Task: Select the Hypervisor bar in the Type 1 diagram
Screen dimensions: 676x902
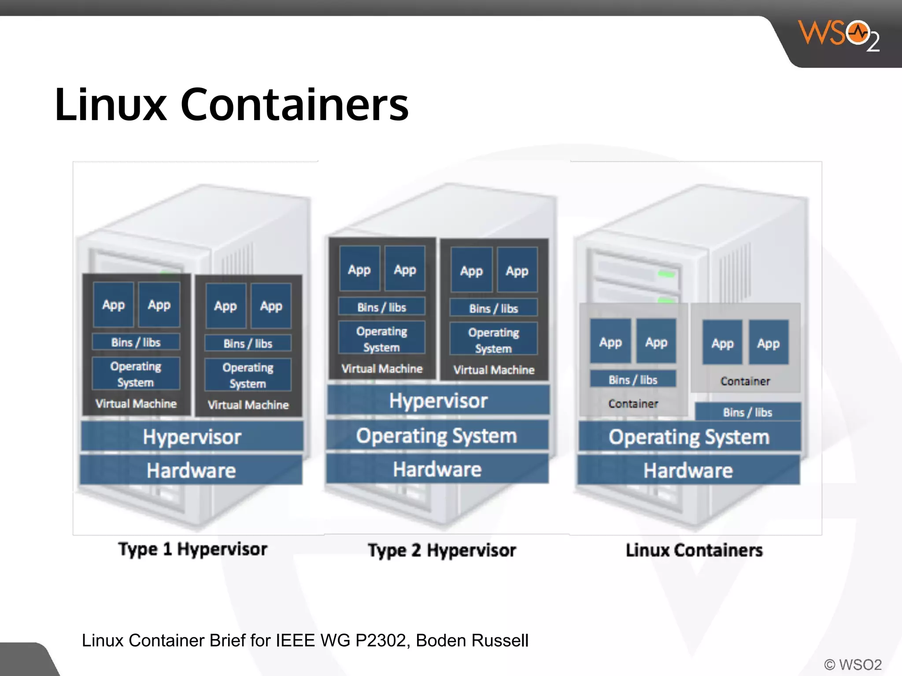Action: [192, 437]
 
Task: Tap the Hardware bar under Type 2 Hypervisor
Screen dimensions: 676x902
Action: [437, 469]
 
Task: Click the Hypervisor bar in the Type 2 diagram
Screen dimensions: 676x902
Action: [438, 400]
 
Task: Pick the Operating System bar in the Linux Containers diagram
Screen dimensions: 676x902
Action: [689, 437]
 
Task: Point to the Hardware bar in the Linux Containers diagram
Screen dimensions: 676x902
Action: [688, 470]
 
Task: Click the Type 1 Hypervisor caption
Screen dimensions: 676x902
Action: [193, 549]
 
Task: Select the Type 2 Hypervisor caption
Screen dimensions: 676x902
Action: [442, 550]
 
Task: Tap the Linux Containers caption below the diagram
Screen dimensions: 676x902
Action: [694, 550]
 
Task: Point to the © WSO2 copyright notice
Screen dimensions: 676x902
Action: [853, 664]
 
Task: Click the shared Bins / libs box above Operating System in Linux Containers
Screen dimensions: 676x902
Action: [747, 412]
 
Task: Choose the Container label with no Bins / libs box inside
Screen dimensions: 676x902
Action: [745, 381]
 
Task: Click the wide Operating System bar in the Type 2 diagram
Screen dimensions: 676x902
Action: [436, 436]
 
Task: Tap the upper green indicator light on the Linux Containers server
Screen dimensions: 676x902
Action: [666, 274]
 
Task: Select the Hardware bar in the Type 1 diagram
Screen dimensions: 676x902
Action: [191, 470]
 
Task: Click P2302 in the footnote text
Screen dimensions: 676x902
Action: [382, 640]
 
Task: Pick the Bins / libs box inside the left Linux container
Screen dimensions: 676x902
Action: [633, 379]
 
